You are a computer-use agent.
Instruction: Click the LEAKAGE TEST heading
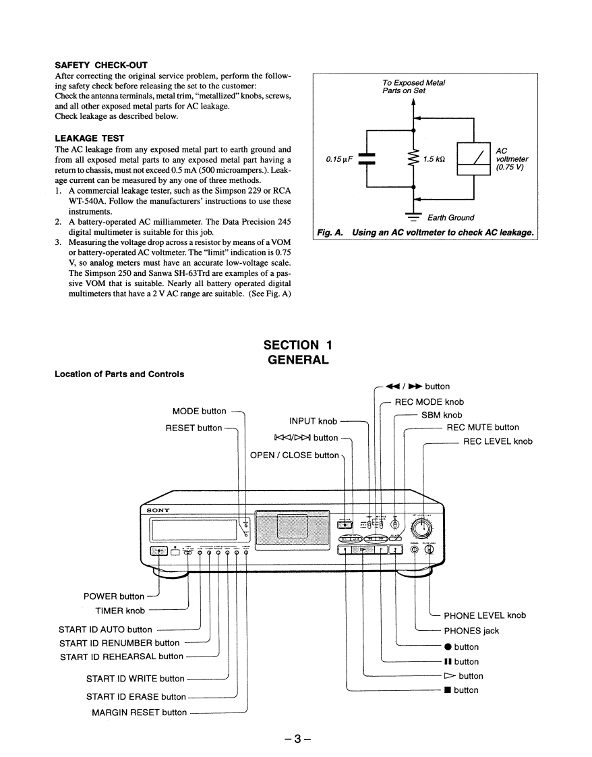(x=89, y=138)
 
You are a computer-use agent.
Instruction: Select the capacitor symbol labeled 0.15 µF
(x=367, y=159)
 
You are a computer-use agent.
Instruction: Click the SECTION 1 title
(x=298, y=345)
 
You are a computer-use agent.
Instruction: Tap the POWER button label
(x=114, y=596)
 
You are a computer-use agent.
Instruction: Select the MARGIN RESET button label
(x=140, y=712)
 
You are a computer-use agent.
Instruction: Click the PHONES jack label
(x=471, y=631)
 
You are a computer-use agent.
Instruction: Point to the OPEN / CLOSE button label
(x=295, y=455)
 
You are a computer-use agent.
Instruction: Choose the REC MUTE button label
(x=483, y=427)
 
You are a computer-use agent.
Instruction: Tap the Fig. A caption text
(x=425, y=233)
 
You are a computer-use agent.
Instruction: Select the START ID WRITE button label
(x=135, y=679)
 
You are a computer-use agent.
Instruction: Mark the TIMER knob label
(x=120, y=611)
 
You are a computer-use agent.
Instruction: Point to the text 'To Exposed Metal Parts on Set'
(x=413, y=86)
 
